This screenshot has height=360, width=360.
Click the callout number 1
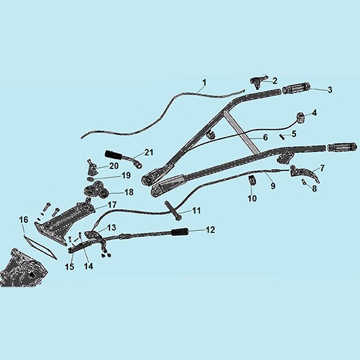coord(204,83)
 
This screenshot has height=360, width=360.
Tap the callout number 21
coord(149,152)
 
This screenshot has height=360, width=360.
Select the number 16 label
coord(23,220)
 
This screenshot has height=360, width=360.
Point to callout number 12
coord(210,230)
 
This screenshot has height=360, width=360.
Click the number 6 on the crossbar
coord(266,137)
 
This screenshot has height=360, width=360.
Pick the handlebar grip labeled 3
coord(296,89)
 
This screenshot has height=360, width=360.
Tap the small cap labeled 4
coord(301,118)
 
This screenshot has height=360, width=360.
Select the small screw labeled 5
coord(282,136)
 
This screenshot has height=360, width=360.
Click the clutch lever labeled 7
coord(306,175)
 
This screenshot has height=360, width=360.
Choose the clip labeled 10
coord(252,179)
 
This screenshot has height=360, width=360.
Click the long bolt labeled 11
coord(172,210)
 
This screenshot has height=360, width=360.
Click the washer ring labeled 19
coord(90,179)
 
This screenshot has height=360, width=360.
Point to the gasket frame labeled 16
coord(40,247)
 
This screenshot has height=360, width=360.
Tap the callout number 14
coord(88,266)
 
